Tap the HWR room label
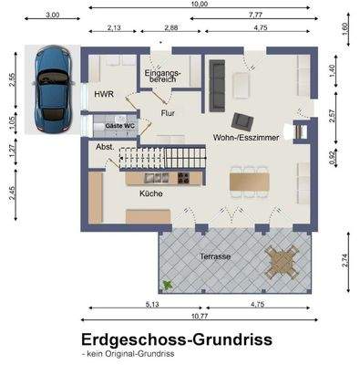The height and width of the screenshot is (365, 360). tap(102, 94)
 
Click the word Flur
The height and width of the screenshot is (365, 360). tap(168, 113)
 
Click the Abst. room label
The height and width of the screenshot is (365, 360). tap(103, 146)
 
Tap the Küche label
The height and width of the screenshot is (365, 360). tap(150, 194)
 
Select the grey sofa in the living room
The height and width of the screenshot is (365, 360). tap(218, 82)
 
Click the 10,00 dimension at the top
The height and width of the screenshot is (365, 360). tap(199, 5)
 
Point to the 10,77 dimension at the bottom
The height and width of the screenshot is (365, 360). tap(199, 316)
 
